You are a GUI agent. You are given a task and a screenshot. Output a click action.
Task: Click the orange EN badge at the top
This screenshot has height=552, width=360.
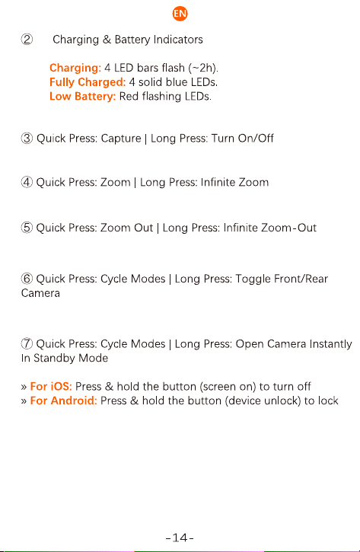point(180,14)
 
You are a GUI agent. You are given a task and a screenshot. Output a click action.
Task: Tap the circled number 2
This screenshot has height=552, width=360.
point(27,40)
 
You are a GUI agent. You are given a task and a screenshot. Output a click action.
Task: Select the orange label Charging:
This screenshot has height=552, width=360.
point(75,68)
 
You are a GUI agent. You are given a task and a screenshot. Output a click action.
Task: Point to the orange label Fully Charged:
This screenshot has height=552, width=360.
point(88,82)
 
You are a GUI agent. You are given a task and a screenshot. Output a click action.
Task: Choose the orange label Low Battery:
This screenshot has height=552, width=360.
point(83,96)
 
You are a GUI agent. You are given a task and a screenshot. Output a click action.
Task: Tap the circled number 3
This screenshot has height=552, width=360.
point(27,139)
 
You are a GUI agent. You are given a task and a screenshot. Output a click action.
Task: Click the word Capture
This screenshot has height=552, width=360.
point(121,139)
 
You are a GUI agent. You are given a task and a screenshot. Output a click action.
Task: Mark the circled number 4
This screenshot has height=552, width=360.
point(27,183)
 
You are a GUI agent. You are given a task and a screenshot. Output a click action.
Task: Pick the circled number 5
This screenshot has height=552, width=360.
point(27,228)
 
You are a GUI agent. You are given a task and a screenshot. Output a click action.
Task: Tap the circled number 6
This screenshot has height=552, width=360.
point(27,279)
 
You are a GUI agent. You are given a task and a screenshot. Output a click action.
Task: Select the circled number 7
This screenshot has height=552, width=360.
point(27,344)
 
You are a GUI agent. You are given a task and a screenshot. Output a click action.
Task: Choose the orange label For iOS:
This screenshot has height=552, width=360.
point(51,387)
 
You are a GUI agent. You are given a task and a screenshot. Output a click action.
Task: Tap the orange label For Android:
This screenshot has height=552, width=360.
point(64,400)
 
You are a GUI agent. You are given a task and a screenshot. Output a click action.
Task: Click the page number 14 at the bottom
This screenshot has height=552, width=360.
point(180,538)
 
